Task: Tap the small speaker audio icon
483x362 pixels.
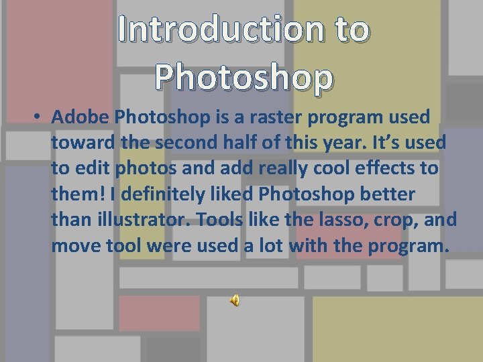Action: (x=235, y=301)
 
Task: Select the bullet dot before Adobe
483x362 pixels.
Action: (x=38, y=117)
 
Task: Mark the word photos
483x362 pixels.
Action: (x=145, y=168)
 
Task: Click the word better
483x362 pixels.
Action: (x=384, y=194)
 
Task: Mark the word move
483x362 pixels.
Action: (x=76, y=246)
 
